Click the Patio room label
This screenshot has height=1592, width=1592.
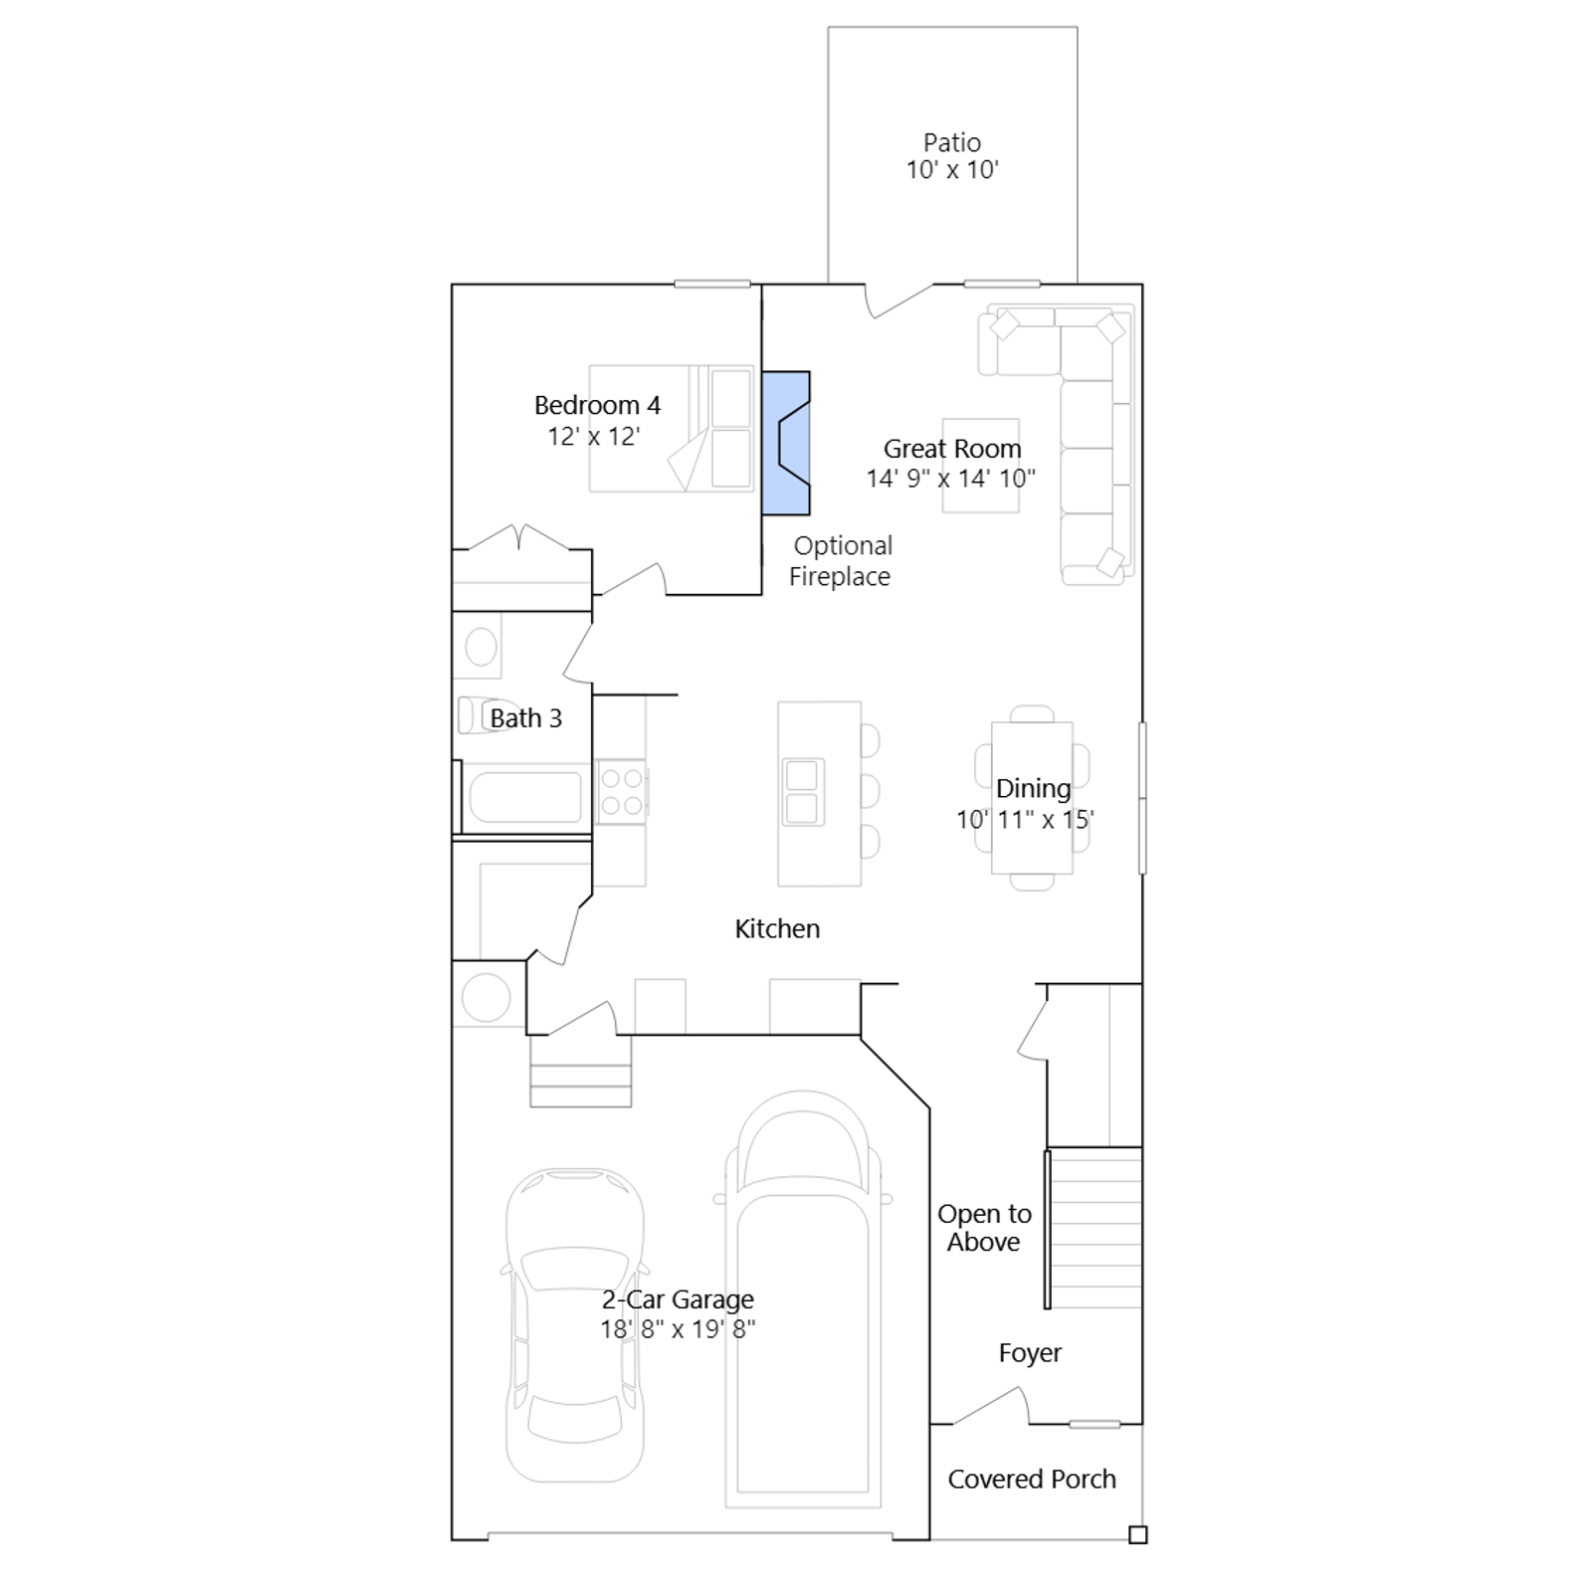952,142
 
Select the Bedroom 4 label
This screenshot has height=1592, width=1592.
597,405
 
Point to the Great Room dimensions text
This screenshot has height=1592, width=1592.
950,479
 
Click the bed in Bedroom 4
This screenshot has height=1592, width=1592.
672,429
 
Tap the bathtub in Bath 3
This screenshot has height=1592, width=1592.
524,798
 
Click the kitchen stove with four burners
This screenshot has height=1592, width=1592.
622,792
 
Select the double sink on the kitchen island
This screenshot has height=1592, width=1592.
803,792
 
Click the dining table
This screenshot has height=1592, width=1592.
1032,798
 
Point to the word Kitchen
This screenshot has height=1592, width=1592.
777,929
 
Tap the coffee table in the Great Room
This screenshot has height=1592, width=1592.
981,466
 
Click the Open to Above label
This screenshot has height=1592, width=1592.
984,1228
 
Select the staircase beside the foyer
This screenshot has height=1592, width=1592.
1095,1228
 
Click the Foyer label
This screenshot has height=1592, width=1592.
1030,1353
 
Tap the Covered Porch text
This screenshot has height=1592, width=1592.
1032,1480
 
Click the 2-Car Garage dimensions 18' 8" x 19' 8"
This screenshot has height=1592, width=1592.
678,1329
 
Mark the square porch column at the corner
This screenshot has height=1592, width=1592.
1138,1534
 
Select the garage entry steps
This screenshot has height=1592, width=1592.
580,1071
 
